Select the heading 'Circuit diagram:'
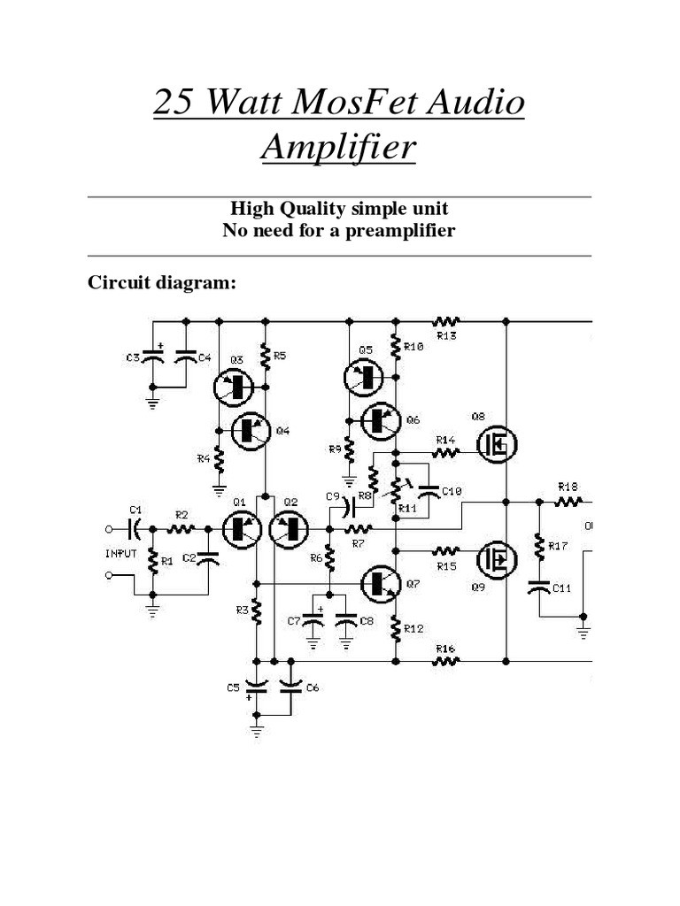tap(161, 283)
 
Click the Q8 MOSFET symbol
tap(498, 445)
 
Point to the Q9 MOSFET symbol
tap(498, 558)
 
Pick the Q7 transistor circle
tap(381, 581)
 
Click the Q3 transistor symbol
tap(234, 386)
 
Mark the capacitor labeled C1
tap(135, 528)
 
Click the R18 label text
tap(568, 487)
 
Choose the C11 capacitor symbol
tap(538, 587)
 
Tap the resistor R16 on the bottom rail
tap(445, 660)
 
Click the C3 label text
tap(132, 357)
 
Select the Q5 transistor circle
tap(363, 378)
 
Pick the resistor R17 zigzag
tap(538, 547)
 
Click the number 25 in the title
tap(174, 104)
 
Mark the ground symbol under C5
tap(257, 731)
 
